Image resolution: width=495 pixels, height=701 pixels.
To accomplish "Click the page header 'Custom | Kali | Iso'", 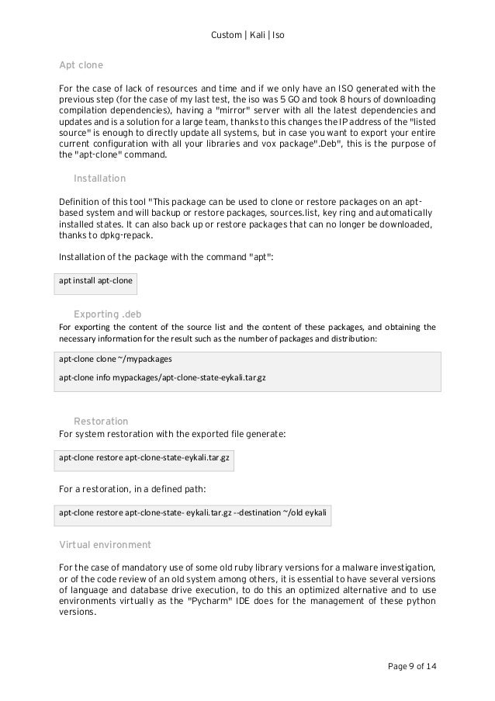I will [247, 36].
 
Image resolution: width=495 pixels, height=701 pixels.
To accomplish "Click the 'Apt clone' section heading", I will [81, 64].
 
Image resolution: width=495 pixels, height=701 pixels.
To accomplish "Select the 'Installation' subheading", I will [99, 179].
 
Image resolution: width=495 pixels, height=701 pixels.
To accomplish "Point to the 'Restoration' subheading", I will [101, 421].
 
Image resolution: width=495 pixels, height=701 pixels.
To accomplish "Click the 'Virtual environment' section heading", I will [105, 544].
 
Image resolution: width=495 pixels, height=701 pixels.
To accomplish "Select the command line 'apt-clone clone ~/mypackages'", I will [116, 360].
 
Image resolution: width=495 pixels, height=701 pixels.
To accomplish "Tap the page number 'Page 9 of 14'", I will [410, 666].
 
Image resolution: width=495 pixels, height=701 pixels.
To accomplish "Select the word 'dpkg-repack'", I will [123, 235].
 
